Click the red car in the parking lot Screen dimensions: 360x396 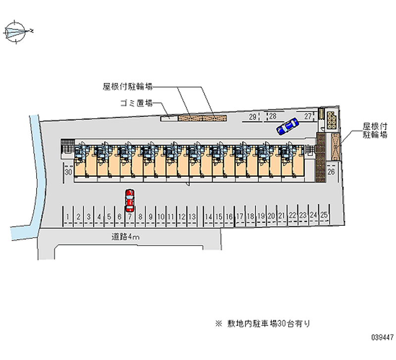pyautogui.click(x=129, y=198)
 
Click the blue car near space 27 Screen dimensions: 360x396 pyautogui.click(x=287, y=127)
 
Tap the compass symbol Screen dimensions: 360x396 pyautogui.click(x=17, y=32)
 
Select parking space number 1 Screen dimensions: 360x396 pyautogui.click(x=68, y=216)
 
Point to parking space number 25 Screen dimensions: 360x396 pyautogui.click(x=324, y=215)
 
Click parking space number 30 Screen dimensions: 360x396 pyautogui.click(x=69, y=172)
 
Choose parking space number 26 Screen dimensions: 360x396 pyautogui.click(x=332, y=171)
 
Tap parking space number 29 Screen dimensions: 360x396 pyautogui.click(x=252, y=117)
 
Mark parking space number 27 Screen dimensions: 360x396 pyautogui.click(x=308, y=117)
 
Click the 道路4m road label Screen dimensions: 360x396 pyautogui.click(x=126, y=237)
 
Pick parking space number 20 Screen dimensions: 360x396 pyautogui.click(x=271, y=215)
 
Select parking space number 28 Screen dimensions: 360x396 pyautogui.click(x=272, y=117)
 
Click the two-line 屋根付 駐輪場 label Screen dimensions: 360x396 pyautogui.click(x=375, y=130)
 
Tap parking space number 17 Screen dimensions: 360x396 pyautogui.click(x=240, y=216)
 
